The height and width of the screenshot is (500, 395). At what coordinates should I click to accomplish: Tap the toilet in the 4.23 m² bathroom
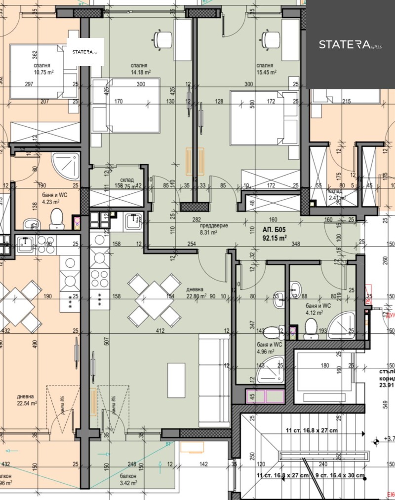(56, 217)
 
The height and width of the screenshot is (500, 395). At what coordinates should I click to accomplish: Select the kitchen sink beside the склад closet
(133, 221)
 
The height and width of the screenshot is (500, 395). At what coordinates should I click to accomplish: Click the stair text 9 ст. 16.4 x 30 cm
(340, 475)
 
